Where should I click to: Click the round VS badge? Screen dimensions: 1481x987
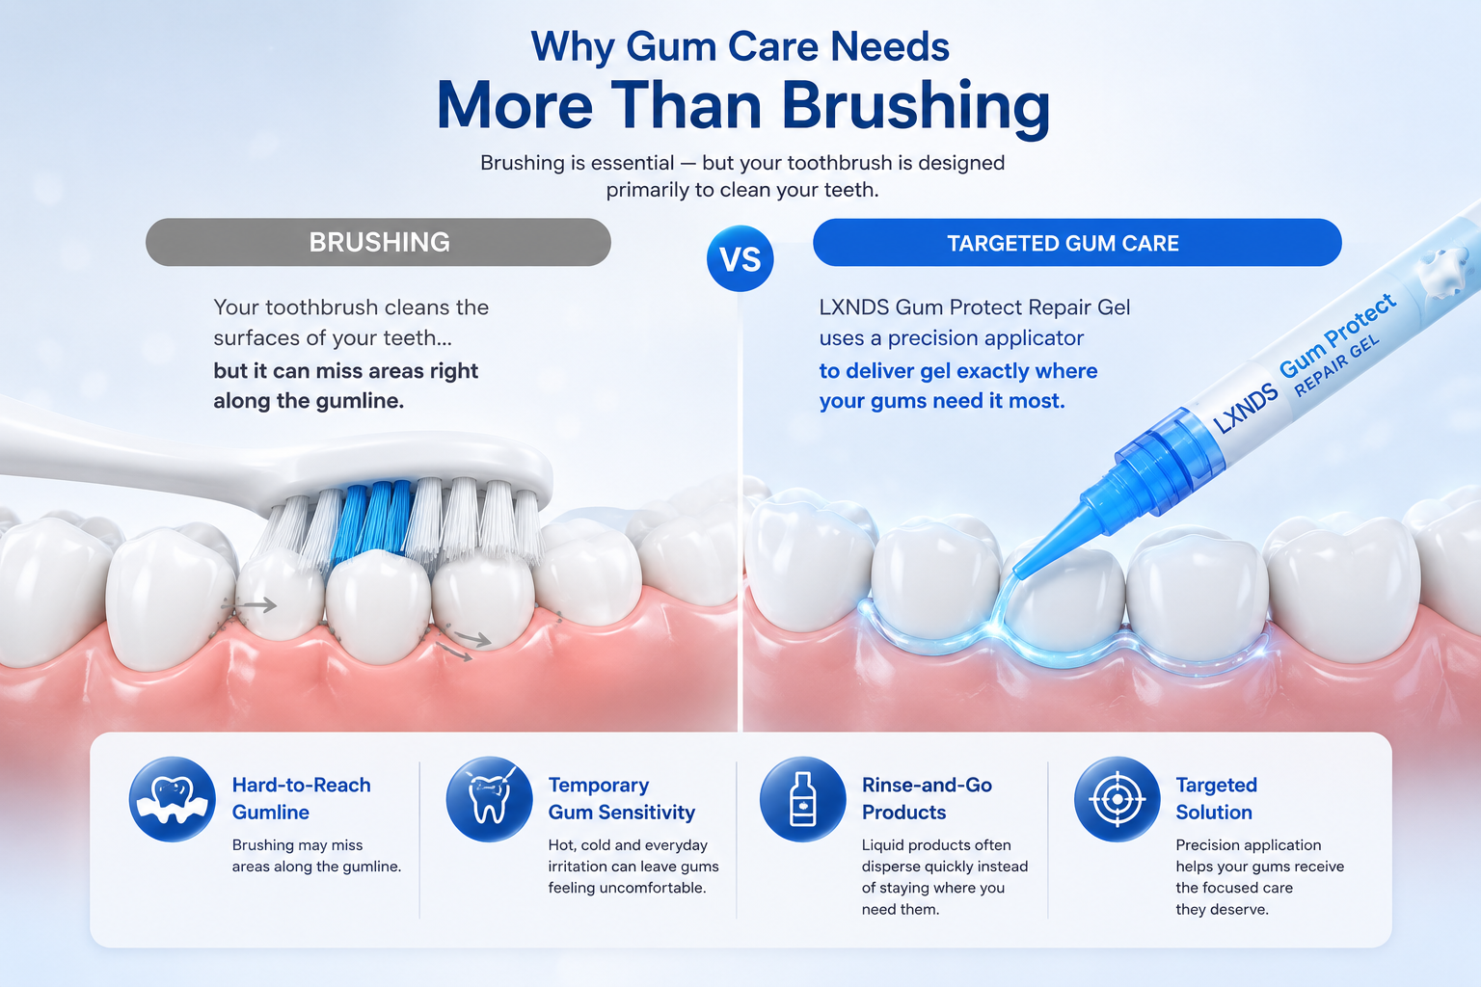pos(740,258)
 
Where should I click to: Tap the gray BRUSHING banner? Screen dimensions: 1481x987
pos(378,242)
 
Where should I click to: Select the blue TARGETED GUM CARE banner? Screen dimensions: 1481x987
pos(1077,243)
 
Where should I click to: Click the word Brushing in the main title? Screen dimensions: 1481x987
pos(916,106)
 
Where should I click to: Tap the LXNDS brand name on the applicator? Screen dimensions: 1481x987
pos(1246,408)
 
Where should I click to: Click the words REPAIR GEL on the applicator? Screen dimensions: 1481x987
pos(1336,365)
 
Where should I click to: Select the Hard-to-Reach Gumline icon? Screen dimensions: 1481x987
pos(172,799)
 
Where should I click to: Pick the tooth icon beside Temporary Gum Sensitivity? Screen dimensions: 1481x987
pos(489,799)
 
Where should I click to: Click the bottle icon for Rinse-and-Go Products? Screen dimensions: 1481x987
pos(802,799)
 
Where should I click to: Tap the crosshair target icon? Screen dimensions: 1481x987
pos(1117,799)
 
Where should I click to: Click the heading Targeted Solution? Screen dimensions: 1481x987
pos(1216,798)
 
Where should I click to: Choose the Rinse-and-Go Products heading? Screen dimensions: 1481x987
pos(927,798)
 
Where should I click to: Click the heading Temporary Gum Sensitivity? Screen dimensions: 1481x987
pos(622,798)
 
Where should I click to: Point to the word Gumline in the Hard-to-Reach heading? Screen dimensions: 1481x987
pos(270,812)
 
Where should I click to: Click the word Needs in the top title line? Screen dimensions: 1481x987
pos(889,46)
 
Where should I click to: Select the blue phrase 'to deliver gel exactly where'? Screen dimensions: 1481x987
pos(958,371)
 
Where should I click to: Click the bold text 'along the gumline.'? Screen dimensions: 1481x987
pos(309,401)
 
